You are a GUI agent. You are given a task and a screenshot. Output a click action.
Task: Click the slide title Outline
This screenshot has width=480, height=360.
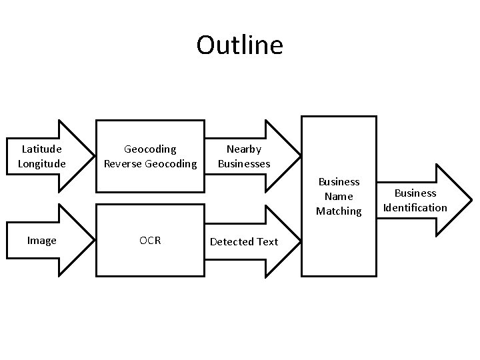240,45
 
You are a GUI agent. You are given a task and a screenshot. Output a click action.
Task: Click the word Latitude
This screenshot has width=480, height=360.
41,149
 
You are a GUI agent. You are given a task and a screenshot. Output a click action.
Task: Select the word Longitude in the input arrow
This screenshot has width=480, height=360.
41,164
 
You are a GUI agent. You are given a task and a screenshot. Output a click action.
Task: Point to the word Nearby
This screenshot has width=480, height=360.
244,149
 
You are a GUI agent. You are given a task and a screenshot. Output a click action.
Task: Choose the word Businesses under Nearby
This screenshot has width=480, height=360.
244,164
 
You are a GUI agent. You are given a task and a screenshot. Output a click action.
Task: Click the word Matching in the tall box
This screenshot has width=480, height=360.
339,211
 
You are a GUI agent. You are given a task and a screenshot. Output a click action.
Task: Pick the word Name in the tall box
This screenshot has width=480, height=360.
339,197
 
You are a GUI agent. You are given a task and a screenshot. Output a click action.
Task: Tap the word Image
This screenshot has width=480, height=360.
41,241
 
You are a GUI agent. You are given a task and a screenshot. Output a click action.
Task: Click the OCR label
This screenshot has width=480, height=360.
150,241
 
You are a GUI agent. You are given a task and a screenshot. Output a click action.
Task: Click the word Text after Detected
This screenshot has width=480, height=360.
267,241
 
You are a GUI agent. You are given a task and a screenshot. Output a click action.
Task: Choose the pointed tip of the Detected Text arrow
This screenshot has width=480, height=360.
299,240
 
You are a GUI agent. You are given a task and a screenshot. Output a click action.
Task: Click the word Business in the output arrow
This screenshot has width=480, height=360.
415,193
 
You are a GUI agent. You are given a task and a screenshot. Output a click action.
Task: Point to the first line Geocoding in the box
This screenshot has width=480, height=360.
150,149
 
